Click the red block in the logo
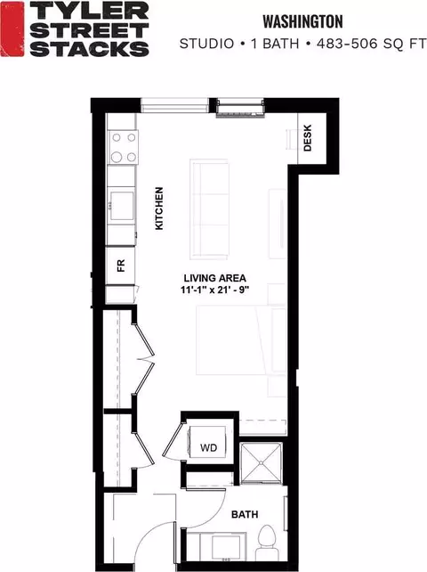[12, 29]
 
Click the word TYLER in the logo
[89, 11]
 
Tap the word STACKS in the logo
[89, 48]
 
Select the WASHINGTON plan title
[302, 22]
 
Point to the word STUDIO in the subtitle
[206, 44]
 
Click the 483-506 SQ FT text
[371, 44]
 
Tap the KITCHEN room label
[159, 208]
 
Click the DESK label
[308, 138]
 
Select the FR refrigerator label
[121, 266]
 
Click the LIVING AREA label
[215, 278]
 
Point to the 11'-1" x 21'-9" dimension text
[215, 290]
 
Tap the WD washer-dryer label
[208, 447]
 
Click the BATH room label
[245, 514]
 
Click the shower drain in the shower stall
[261, 463]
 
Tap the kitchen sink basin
[122, 206]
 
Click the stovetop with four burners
[123, 147]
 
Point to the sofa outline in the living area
[209, 208]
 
